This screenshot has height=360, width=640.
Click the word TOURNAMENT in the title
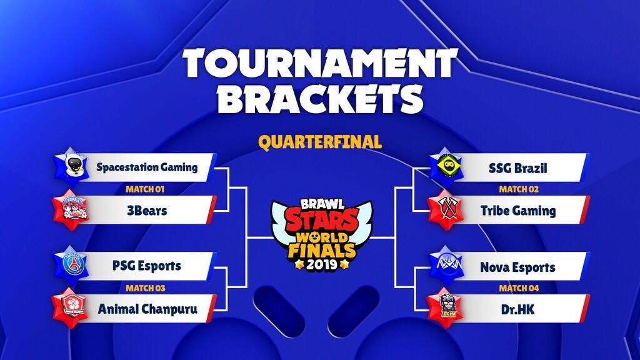pos(320,63)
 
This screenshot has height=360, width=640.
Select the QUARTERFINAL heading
pos(320,142)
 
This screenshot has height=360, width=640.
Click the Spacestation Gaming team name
pos(147,167)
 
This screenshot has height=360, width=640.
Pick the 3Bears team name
pos(147,211)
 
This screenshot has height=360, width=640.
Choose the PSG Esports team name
pos(147,266)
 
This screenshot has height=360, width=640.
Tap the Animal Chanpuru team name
pos(147,309)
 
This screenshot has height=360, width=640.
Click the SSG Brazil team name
pos(518,168)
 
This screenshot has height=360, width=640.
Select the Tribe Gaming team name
pos(518,211)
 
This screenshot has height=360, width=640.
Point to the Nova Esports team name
pos(518,267)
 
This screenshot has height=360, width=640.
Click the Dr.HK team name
pos(518,309)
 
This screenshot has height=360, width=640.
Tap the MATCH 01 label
pos(145,189)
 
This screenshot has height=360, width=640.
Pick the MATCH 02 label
pos(519,189)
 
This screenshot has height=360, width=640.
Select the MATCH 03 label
pos(145,288)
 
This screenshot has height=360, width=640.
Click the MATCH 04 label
pos(519,288)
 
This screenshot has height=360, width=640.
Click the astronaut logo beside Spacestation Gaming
pos(72,166)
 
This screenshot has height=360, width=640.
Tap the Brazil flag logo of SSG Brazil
pos(446,166)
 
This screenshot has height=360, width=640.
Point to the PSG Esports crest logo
pos(72,264)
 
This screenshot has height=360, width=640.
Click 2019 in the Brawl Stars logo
pos(322,264)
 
